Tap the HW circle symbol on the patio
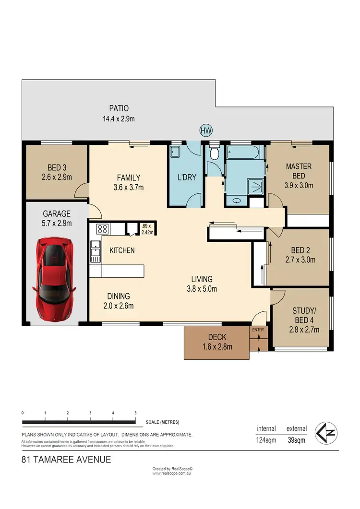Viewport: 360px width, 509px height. (206, 130)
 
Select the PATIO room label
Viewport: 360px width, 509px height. (119, 108)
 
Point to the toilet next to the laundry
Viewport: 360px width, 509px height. (215, 154)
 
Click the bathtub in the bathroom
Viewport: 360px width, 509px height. (245, 154)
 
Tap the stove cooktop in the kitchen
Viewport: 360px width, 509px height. (103, 228)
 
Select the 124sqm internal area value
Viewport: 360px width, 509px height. (266, 439)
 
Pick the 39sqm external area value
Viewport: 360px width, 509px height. (296, 439)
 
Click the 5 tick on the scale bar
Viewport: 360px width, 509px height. (136, 413)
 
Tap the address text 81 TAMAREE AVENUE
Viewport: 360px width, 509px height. (67, 460)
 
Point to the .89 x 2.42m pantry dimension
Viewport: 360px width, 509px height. (146, 229)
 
